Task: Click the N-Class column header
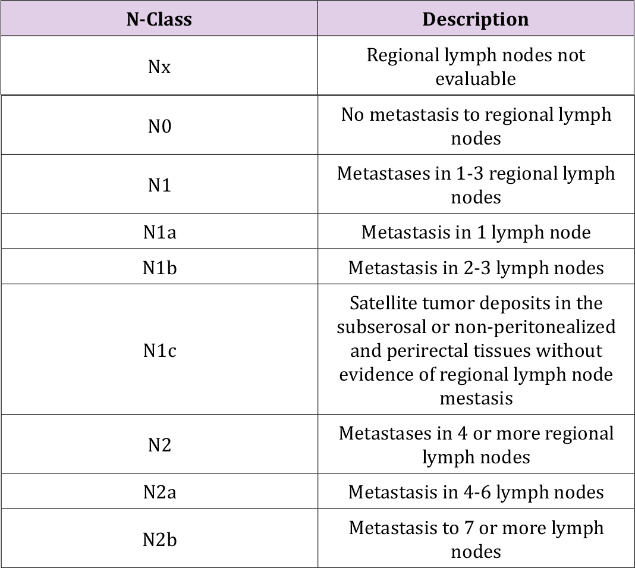(x=159, y=19)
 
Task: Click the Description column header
(x=475, y=19)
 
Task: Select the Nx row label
(x=159, y=67)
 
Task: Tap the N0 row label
(x=159, y=126)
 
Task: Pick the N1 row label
(x=159, y=185)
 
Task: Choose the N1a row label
(x=159, y=232)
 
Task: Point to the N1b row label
(x=159, y=268)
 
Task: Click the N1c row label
(x=159, y=350)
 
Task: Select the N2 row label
(x=159, y=445)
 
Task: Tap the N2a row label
(x=159, y=492)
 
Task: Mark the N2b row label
(x=159, y=539)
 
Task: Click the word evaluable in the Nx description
(x=475, y=79)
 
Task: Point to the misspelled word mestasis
(x=475, y=398)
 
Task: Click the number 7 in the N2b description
(x=462, y=528)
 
